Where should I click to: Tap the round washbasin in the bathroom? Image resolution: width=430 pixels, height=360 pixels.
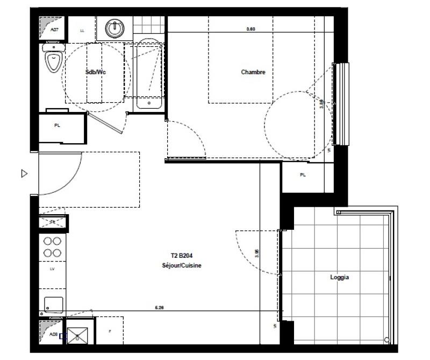(x=115, y=26)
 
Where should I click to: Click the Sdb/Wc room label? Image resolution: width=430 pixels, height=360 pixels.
(x=96, y=72)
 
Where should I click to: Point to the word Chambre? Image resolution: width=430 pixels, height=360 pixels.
(x=253, y=72)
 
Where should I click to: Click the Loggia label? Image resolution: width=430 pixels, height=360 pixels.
(x=340, y=278)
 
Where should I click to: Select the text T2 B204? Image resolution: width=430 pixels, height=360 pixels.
(x=177, y=257)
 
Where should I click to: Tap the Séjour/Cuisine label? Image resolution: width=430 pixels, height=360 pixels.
(x=182, y=266)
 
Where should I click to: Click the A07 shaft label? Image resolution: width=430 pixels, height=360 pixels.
(x=54, y=30)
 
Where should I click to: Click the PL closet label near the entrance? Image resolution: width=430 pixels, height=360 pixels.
(x=57, y=125)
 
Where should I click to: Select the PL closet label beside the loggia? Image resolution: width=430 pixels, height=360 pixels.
(x=302, y=175)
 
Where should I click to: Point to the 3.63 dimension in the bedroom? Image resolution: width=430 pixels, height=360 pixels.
(x=250, y=29)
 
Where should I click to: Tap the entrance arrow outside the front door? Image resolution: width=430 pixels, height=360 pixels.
(x=24, y=174)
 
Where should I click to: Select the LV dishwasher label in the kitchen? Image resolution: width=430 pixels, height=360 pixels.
(x=52, y=268)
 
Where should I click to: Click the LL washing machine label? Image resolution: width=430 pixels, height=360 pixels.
(x=82, y=31)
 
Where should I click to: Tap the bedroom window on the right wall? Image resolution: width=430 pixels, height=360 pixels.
(x=341, y=104)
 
